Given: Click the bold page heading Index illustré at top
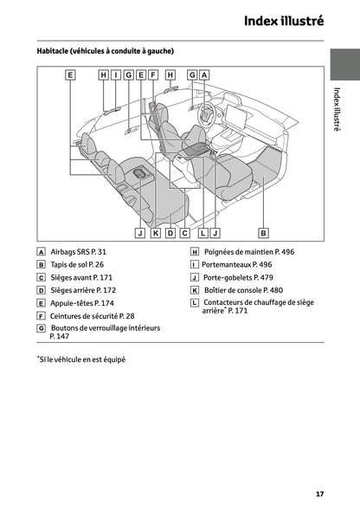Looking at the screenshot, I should [283, 20].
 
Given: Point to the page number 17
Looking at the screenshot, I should [320, 494].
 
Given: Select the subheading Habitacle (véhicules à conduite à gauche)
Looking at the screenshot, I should [105, 51].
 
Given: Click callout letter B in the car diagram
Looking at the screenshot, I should [263, 233].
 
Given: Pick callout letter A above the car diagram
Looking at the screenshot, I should [205, 75].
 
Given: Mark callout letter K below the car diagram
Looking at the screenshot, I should [155, 233].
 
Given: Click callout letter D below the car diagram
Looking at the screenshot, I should [170, 233].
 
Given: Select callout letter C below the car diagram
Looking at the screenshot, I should [184, 233].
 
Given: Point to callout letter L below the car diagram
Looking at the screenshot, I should [202, 233].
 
